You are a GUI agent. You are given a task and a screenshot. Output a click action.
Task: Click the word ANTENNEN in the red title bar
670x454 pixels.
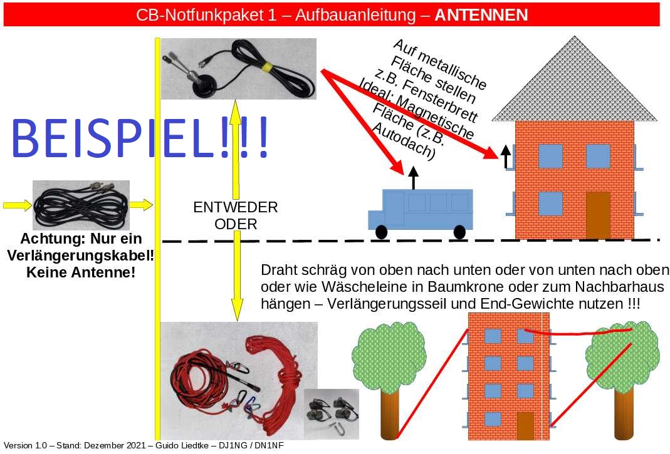pos(481,15)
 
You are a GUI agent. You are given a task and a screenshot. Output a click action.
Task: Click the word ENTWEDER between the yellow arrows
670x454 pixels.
pos(236,207)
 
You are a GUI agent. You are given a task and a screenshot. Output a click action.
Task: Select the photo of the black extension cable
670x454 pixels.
pos(81,205)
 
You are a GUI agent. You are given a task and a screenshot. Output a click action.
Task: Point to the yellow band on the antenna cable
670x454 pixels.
pos(267,67)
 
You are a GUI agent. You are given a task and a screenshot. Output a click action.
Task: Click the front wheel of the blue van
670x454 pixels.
pos(381,232)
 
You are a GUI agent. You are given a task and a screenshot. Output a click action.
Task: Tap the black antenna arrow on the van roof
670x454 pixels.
pos(413,177)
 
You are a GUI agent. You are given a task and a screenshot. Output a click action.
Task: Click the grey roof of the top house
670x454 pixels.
pos(574,85)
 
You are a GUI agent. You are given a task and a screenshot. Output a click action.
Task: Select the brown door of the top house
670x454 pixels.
pos(598,215)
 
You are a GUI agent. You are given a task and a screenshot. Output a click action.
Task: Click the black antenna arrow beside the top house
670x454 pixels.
pos(506,157)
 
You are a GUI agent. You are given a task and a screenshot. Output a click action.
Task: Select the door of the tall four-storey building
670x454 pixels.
pos(525,426)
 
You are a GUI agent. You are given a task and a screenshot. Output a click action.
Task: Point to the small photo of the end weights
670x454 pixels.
pos(331,414)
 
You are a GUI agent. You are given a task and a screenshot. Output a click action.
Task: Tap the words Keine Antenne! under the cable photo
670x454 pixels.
pos(81,272)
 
